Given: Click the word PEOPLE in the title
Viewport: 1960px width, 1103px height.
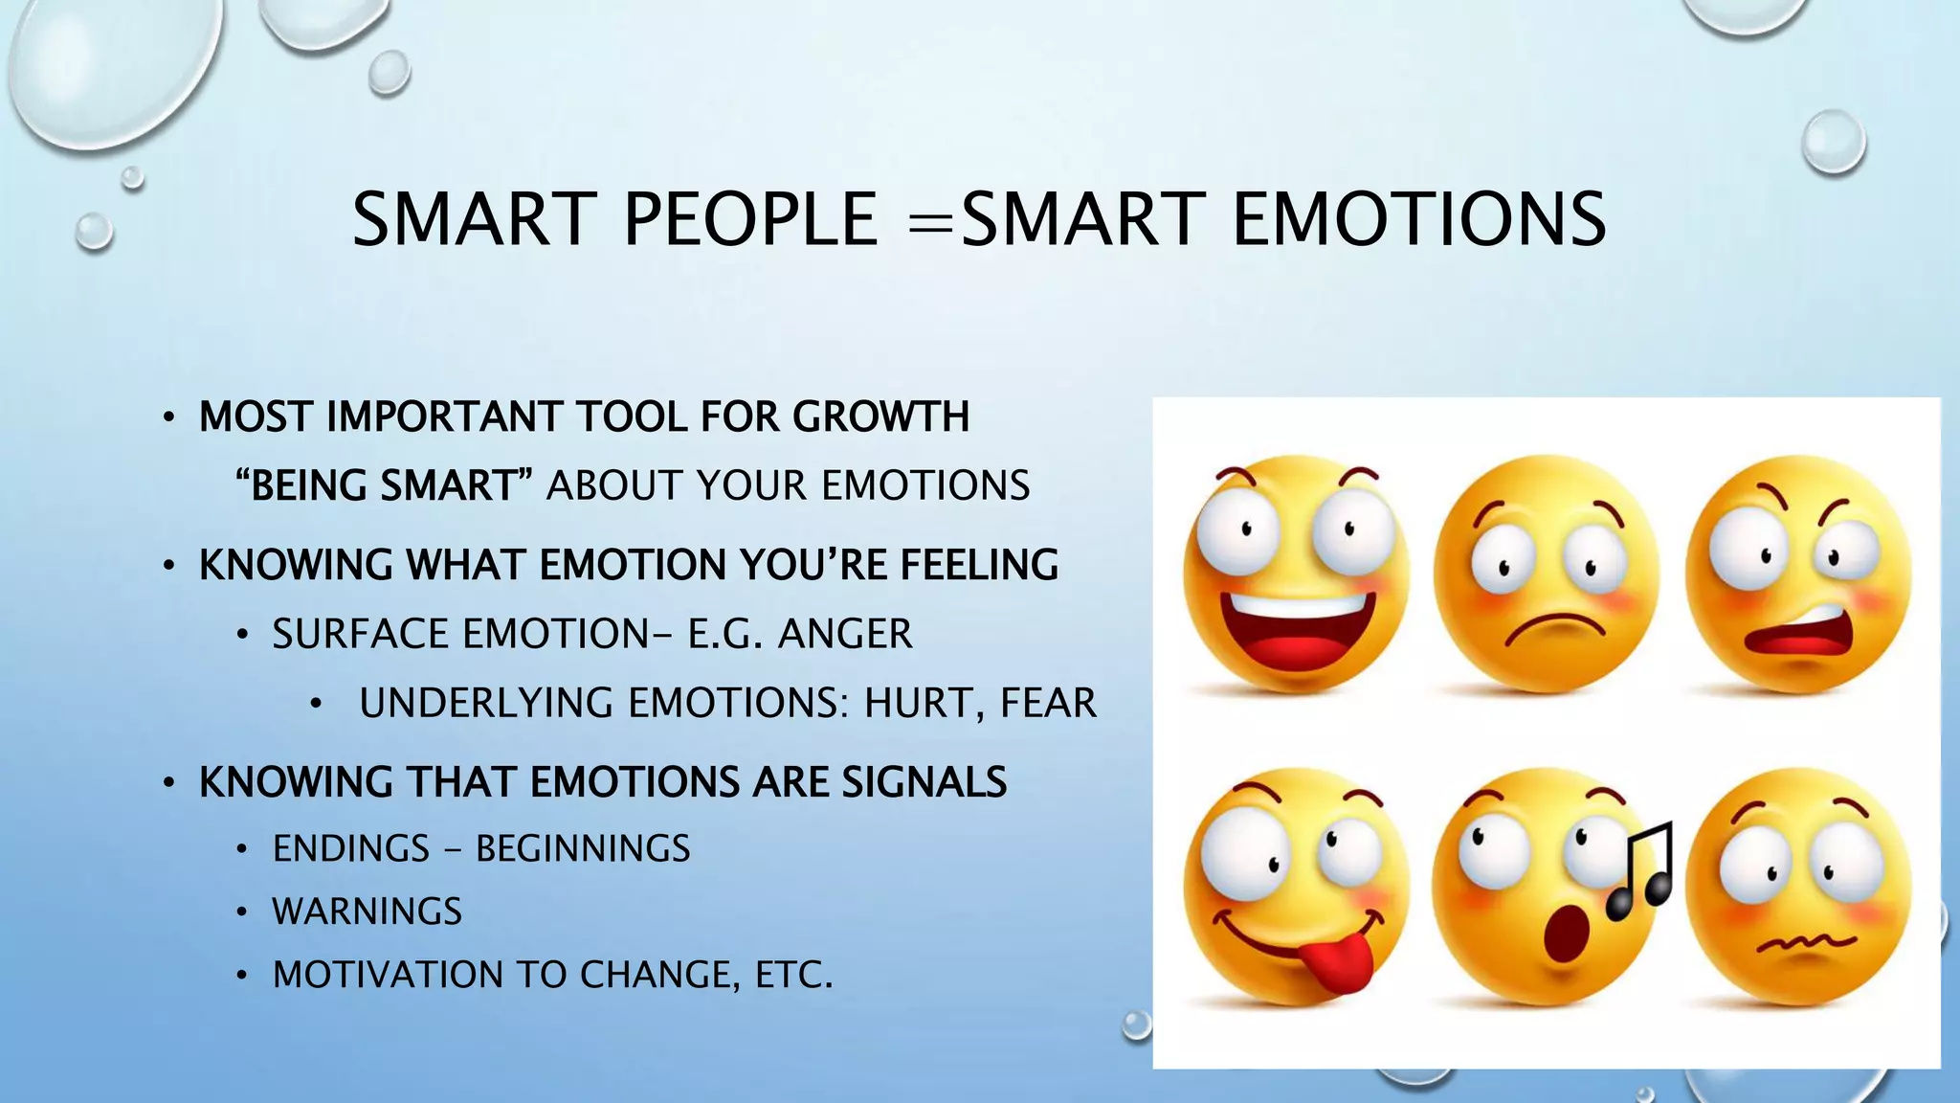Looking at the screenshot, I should [x=750, y=219].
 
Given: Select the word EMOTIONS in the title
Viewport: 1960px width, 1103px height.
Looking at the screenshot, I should [x=1418, y=219].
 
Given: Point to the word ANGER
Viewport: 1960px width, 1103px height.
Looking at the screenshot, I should [x=845, y=634].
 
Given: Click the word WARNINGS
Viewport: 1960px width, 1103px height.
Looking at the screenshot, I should [x=367, y=911].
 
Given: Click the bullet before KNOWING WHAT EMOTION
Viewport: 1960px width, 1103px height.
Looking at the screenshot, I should [x=168, y=566].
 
